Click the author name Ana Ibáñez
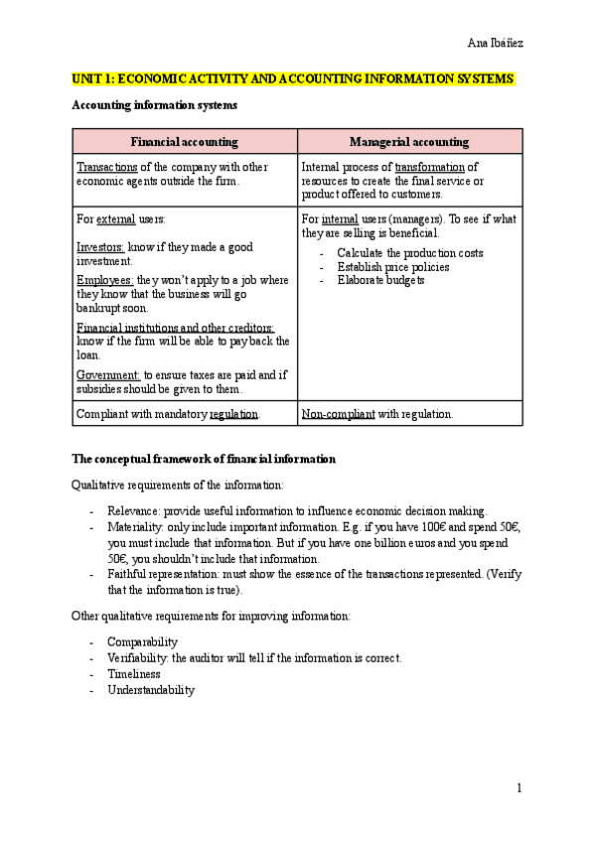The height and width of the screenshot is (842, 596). pos(496,43)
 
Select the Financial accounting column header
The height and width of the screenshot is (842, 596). pos(184,142)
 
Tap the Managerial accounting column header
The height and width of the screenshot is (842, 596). pos(409,142)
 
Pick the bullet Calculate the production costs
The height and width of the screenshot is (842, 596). pos(409,253)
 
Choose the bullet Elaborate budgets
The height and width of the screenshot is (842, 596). pos(380,281)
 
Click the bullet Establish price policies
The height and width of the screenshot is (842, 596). pos(392,267)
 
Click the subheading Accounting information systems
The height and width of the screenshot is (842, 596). pos(155,104)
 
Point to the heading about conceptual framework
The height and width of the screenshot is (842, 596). pos(204,459)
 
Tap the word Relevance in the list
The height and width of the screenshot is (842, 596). pos(134,510)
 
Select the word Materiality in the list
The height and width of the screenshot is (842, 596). pos(136,527)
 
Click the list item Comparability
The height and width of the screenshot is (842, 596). pos(142,642)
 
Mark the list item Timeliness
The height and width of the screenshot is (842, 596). pos(133,674)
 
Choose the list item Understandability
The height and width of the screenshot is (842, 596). pos(151,690)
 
